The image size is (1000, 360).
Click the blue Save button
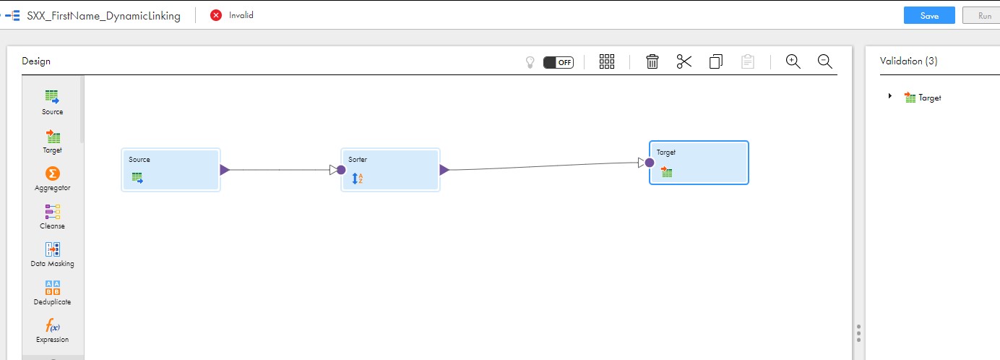pyautogui.click(x=929, y=15)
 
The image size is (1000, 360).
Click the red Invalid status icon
pyautogui.click(x=216, y=15)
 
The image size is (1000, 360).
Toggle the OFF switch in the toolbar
pyautogui.click(x=559, y=62)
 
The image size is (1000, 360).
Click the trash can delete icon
pyautogui.click(x=652, y=61)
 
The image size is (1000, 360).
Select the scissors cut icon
pyautogui.click(x=684, y=61)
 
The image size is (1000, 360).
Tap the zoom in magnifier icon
pyautogui.click(x=793, y=61)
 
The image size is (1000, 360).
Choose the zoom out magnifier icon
pyautogui.click(x=825, y=61)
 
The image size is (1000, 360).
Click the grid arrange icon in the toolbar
pyautogui.click(x=607, y=61)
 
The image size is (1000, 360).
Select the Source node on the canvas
pyautogui.click(x=171, y=170)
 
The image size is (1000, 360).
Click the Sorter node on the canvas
pyautogui.click(x=390, y=170)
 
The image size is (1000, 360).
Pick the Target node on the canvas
pyautogui.click(x=699, y=163)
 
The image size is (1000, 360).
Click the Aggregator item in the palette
pyautogui.click(x=52, y=179)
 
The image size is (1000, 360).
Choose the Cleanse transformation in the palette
pyautogui.click(x=52, y=216)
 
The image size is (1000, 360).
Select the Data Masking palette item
pyautogui.click(x=52, y=254)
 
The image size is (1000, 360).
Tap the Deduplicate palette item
pyautogui.click(x=52, y=292)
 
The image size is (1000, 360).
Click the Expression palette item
pyautogui.click(x=52, y=330)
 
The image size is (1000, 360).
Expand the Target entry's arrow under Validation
pyautogui.click(x=890, y=96)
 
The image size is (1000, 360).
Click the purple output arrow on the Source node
pyautogui.click(x=225, y=170)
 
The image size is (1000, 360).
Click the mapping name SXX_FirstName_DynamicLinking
pyautogui.click(x=104, y=15)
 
